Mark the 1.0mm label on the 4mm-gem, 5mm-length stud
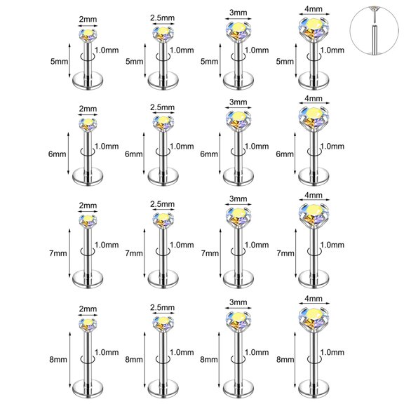(331, 50)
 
